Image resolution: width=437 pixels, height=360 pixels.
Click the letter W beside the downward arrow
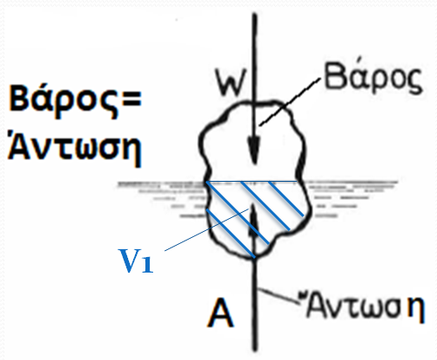pyautogui.click(x=231, y=83)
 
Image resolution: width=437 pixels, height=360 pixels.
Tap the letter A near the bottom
pyautogui.click(x=221, y=312)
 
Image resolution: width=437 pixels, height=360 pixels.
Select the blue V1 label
pyautogui.click(x=136, y=260)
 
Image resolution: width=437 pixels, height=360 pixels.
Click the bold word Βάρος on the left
pyautogui.click(x=63, y=99)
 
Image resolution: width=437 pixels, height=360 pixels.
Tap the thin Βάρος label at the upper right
pyautogui.click(x=373, y=76)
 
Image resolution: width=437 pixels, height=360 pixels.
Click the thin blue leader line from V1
pyautogui.click(x=207, y=230)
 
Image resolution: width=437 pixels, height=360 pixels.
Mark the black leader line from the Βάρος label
pyautogui.click(x=290, y=102)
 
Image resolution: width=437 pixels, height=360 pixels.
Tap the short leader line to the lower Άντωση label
pyautogui.click(x=280, y=296)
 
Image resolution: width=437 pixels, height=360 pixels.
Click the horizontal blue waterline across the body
pyautogui.click(x=252, y=182)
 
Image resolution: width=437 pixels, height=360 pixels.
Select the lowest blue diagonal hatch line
pyautogui.click(x=231, y=233)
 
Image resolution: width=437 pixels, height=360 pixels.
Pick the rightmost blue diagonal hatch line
pyautogui.click(x=286, y=199)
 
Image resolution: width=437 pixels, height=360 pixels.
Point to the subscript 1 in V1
pyautogui.click(x=147, y=265)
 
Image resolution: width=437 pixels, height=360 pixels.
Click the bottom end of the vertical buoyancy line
pyautogui.click(x=254, y=350)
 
